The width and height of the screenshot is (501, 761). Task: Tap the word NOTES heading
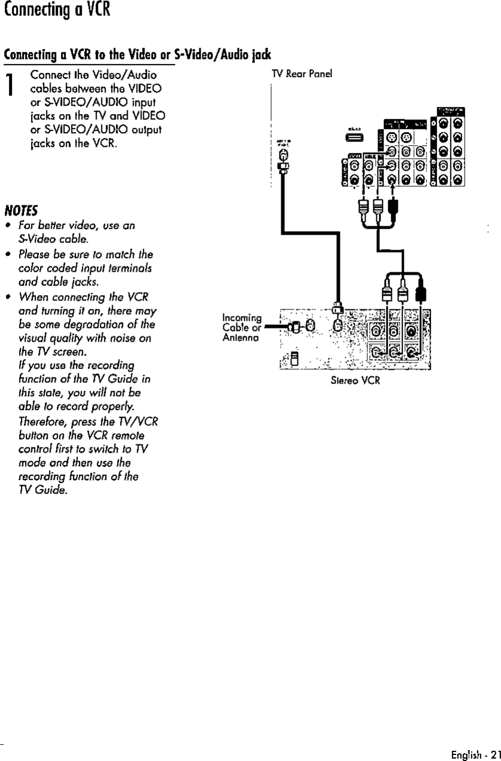(x=21, y=210)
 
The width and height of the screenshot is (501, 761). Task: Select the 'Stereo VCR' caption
(x=355, y=380)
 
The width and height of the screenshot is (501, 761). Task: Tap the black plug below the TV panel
(x=392, y=207)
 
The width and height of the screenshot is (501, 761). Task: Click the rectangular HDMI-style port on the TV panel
(x=352, y=139)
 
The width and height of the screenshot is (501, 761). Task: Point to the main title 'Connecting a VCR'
(x=56, y=11)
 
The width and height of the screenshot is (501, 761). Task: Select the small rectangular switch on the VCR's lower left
(x=294, y=359)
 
